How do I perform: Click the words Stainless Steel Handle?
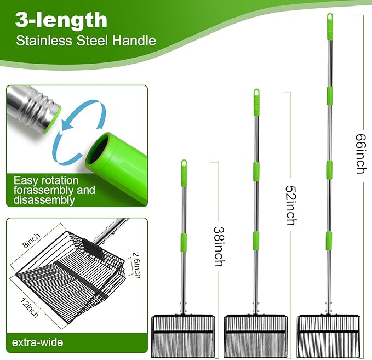pos(85,41)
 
